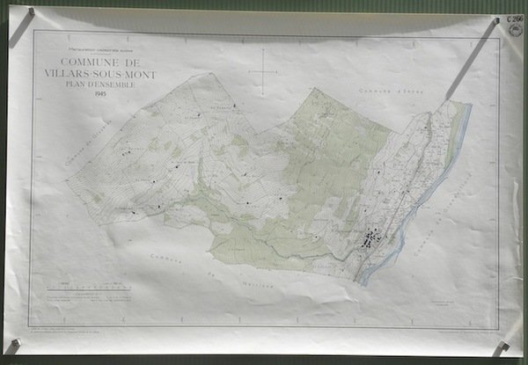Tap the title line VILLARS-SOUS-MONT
click(106, 75)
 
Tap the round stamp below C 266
click(514, 33)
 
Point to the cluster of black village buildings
click(376, 237)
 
